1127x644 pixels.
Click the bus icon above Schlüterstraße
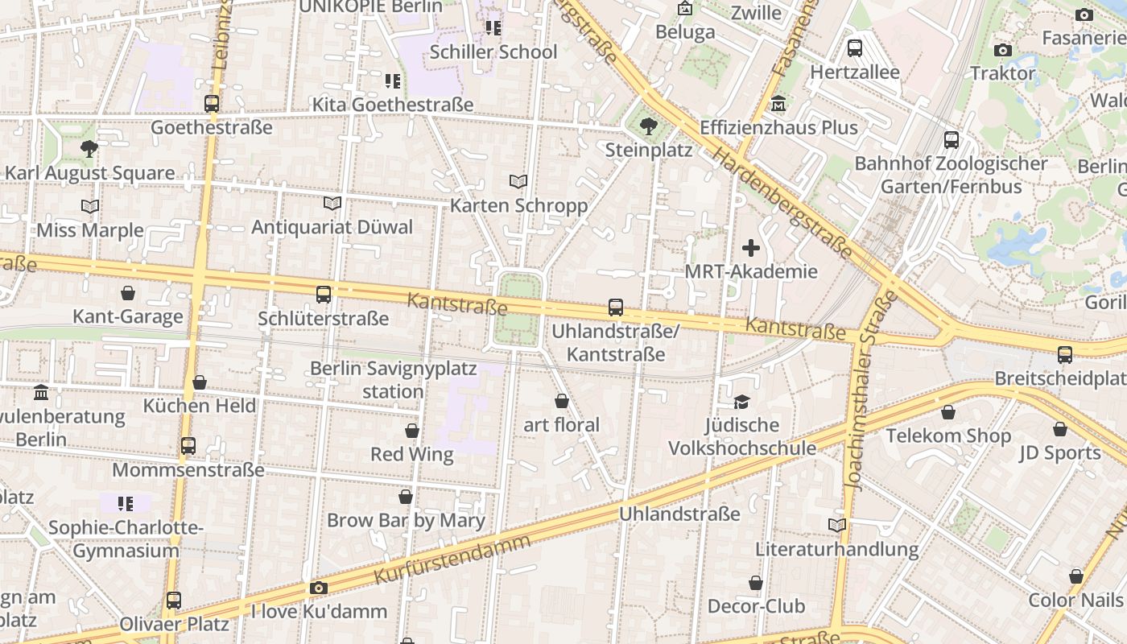[324, 295]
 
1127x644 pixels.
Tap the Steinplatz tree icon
[648, 126]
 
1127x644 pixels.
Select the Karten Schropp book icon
[518, 182]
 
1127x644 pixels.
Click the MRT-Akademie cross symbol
[750, 248]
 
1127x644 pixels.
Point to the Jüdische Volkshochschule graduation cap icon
[741, 402]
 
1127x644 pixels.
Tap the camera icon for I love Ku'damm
[319, 588]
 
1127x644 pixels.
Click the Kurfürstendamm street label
[452, 559]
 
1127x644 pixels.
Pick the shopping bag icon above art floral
[562, 401]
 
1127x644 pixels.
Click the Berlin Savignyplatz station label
[393, 380]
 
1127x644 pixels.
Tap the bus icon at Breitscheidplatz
[1065, 354]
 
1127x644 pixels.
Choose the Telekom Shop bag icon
[948, 413]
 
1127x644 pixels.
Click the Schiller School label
[493, 52]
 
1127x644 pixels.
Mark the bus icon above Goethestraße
[212, 104]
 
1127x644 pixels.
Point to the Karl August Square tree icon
[89, 149]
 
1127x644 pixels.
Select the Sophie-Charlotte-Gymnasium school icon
[125, 504]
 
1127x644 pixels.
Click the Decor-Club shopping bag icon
[755, 583]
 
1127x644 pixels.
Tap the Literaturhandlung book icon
[836, 526]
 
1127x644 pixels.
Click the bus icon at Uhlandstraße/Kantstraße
[616, 308]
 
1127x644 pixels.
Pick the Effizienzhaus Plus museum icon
[778, 104]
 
